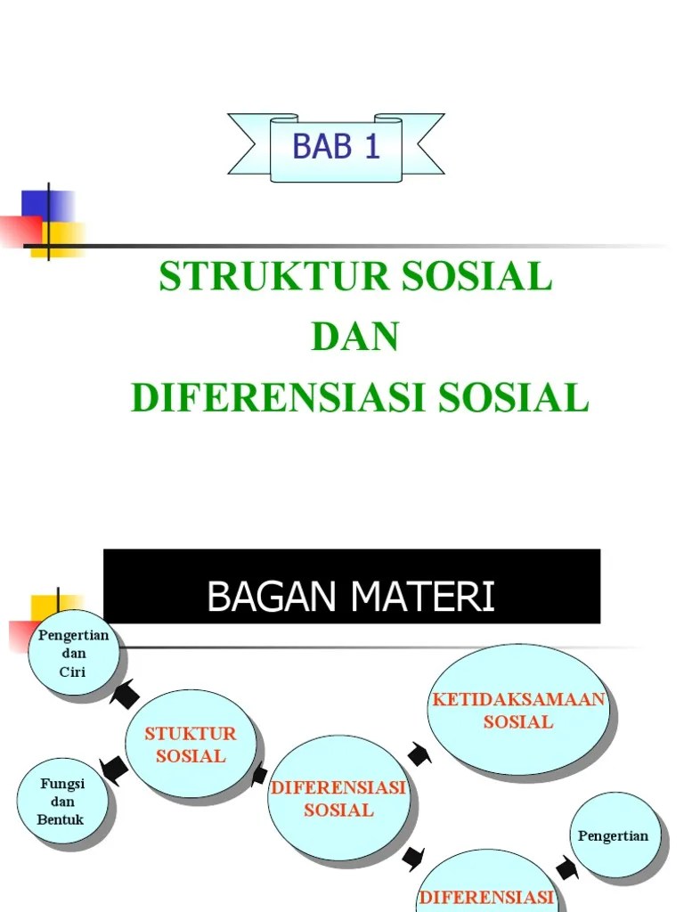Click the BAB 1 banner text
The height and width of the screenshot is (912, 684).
coord(336,146)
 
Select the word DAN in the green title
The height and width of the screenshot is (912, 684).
coord(354,338)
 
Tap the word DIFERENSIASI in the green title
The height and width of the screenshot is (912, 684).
coord(276,398)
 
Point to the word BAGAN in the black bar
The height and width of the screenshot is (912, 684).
coord(271,597)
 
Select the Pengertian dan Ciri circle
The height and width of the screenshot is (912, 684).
coord(73,655)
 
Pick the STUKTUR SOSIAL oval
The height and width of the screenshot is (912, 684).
coord(191,745)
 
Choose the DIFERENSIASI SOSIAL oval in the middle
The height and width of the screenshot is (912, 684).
coord(338,799)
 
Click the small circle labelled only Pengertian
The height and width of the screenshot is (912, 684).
coord(614,835)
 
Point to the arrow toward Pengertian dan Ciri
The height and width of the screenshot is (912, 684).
coord(124,693)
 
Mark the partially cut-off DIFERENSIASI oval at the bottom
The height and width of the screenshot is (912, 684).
coord(488,886)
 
